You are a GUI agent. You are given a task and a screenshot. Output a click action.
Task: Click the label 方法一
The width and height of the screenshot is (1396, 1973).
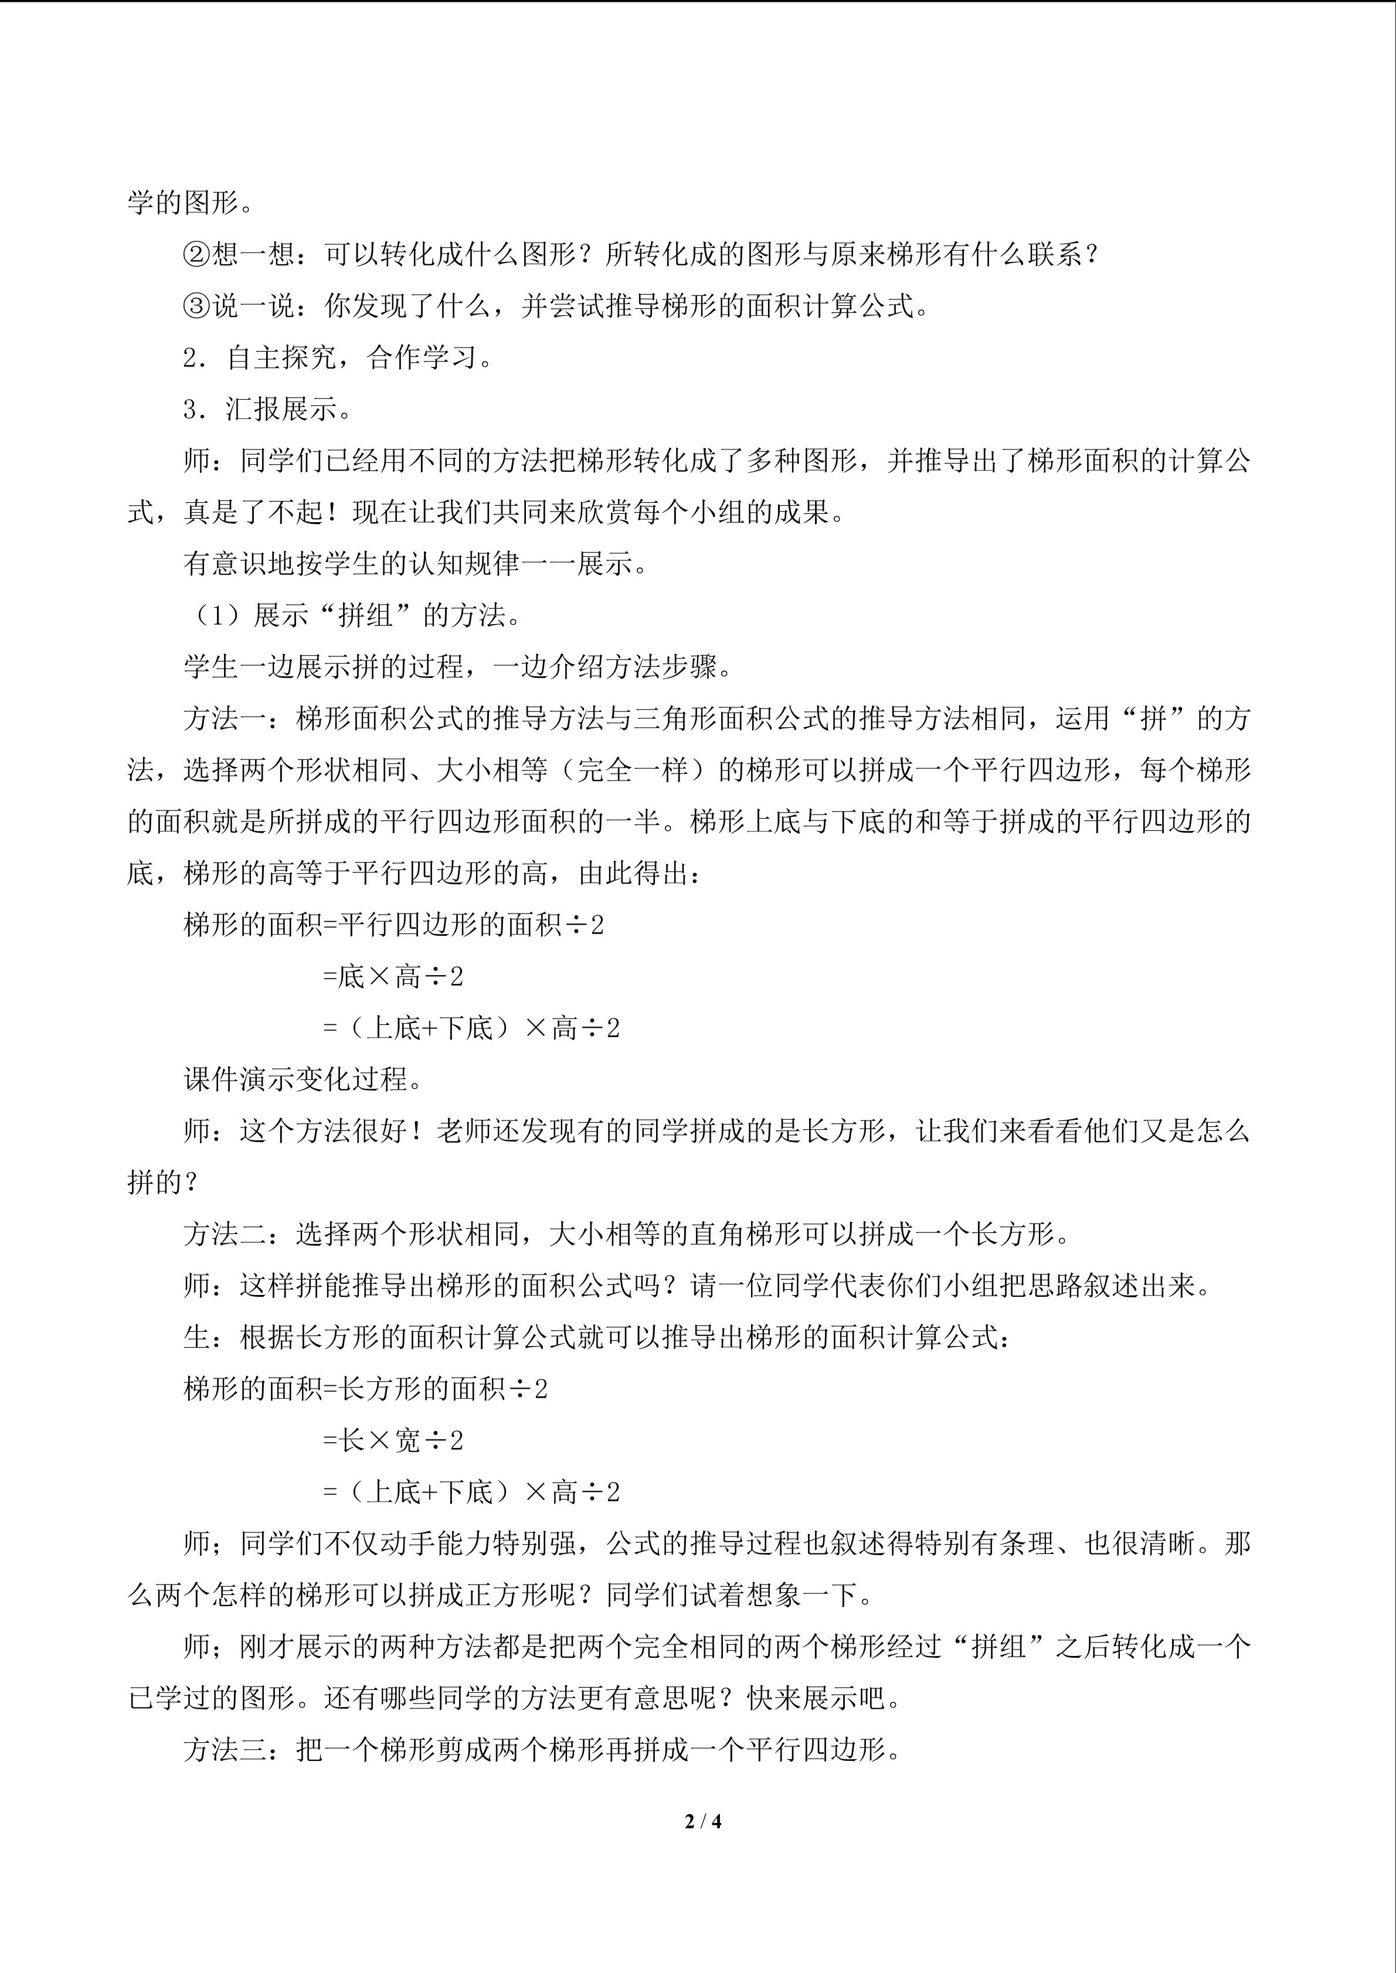(225, 718)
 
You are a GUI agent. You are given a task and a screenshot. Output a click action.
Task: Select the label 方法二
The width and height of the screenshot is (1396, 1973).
(225, 1234)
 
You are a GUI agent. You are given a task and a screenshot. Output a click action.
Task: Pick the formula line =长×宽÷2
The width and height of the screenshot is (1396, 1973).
(393, 1440)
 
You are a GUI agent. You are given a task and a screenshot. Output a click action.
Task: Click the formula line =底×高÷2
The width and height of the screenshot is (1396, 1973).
(393, 976)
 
